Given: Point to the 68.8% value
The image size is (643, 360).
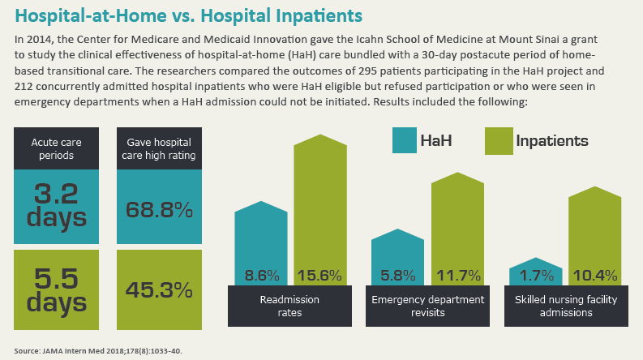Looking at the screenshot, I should pos(159,209).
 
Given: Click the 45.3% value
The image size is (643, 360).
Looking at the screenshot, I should pos(159,289).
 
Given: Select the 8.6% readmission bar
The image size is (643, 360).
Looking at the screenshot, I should pos(261,243).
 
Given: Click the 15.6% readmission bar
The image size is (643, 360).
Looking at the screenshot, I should pos(319,211).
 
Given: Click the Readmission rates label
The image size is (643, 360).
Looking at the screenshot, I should pos(289,306).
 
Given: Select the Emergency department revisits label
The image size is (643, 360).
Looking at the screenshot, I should pos(427,306).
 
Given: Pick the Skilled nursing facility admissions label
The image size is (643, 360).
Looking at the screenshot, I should pos(565,306).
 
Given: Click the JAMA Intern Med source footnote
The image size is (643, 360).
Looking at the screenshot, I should pos(96,350).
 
